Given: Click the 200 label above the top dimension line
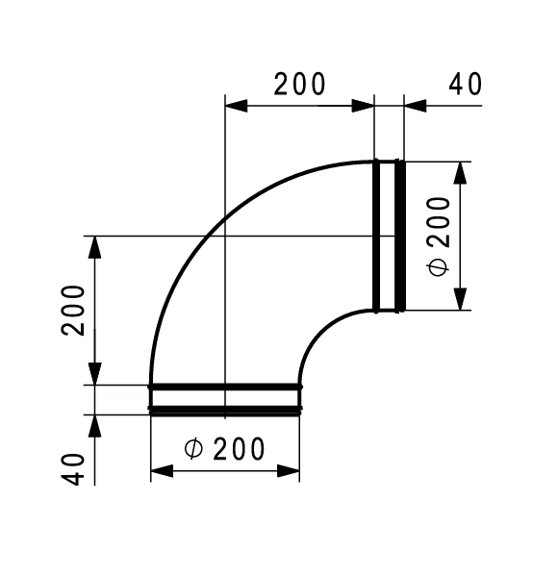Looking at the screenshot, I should click(299, 85).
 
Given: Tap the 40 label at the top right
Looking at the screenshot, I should click(466, 85).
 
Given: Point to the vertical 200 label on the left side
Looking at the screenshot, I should click(76, 309).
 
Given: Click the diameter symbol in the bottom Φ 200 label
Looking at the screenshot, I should click(192, 448).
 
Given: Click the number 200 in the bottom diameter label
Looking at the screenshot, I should click(240, 448).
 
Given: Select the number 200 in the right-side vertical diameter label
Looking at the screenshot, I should click(439, 219).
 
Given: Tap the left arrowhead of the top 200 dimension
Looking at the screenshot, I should click(236, 106).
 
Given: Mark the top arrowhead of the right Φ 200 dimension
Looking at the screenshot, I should click(462, 173).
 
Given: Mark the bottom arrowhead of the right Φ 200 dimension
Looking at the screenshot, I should click(462, 299).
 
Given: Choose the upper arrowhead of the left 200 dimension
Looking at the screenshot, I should click(95, 247).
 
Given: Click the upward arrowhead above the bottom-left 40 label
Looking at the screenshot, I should click(95, 426).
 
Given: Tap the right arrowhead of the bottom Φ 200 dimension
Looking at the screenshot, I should click(289, 471).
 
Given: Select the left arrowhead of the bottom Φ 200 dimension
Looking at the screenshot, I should click(162, 471).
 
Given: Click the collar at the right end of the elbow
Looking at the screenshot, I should click(388, 236).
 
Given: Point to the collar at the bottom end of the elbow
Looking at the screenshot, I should click(224, 398).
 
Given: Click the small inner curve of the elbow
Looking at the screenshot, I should click(322, 333).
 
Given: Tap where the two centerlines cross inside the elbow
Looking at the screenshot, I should click(224, 236).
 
